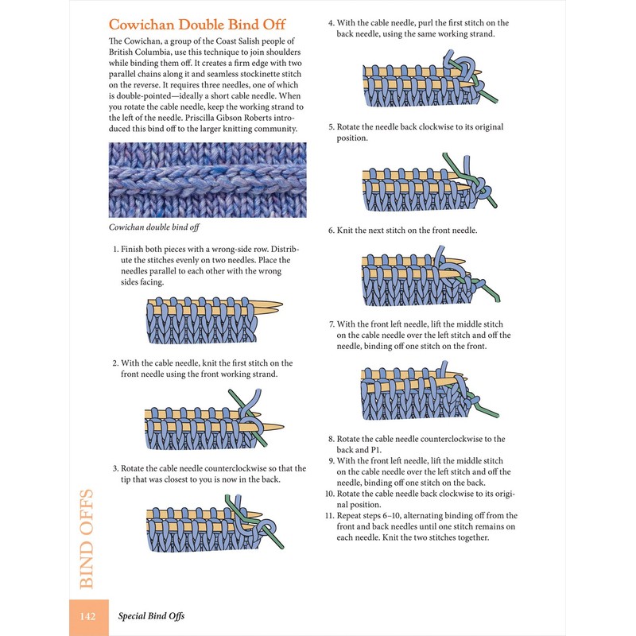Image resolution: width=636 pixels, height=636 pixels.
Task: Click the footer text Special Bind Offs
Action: click(x=152, y=615)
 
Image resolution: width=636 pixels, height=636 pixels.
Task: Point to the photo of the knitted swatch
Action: click(x=207, y=180)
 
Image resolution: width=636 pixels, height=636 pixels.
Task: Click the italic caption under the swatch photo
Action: click(x=153, y=228)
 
